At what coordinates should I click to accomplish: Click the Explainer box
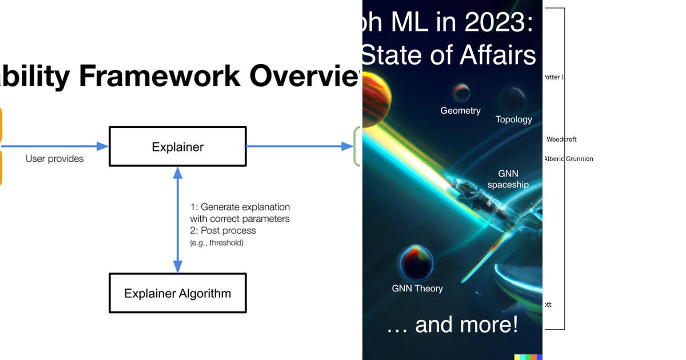click(x=177, y=147)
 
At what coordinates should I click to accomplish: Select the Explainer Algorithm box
click(x=177, y=293)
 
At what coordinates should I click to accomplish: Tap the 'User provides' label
click(x=54, y=159)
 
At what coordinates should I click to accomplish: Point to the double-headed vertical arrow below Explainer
click(x=177, y=219)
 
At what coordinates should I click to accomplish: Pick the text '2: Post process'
click(x=223, y=231)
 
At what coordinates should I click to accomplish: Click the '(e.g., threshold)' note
click(x=217, y=243)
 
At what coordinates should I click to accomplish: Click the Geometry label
click(x=460, y=111)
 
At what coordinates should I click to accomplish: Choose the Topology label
click(x=513, y=119)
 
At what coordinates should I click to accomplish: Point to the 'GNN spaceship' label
click(x=508, y=179)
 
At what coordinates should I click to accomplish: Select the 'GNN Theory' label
click(x=417, y=289)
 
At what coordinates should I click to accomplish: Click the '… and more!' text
click(x=452, y=325)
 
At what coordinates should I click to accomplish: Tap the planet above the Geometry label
click(x=461, y=92)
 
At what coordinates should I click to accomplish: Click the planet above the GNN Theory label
click(x=415, y=263)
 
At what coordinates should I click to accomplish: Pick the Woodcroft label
click(x=561, y=139)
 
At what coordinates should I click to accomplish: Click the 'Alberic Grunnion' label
click(x=568, y=159)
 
